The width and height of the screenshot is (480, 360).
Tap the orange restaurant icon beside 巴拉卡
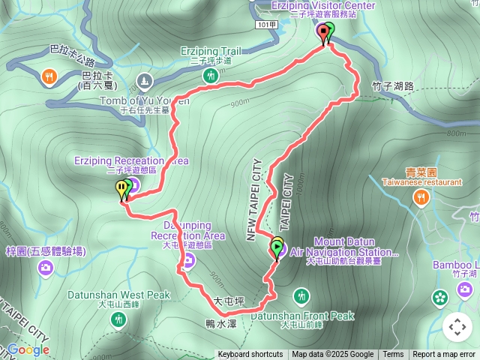coord(49,75)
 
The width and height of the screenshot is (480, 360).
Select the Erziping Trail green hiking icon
coord(211,75)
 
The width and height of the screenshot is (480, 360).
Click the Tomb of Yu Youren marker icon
coord(145,79)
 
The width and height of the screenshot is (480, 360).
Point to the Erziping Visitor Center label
coord(313,6)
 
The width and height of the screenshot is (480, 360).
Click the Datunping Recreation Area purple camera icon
coord(188,260)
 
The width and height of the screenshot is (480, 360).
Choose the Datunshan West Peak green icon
coord(118,319)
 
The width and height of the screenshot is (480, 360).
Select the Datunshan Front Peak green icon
coord(301,296)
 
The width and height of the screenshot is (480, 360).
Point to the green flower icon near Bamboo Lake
coord(440,298)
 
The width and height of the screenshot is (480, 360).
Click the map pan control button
coord(457,327)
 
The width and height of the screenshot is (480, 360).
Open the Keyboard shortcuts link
coord(250,355)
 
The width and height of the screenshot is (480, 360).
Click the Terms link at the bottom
coord(393,355)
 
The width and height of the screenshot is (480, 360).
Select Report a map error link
coord(444,355)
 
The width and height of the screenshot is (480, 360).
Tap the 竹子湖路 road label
coord(392,87)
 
